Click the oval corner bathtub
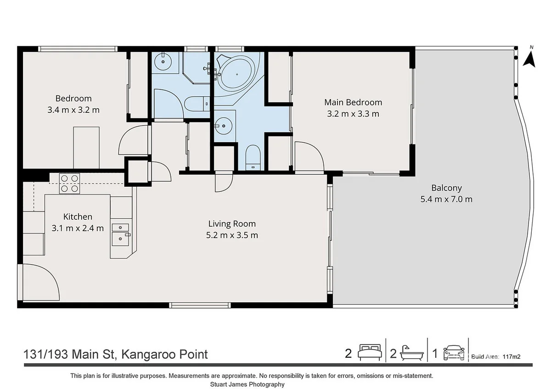[237, 74]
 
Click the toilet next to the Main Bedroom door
[253, 156]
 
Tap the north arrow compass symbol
[530, 57]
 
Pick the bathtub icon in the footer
[410, 354]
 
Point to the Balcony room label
[446, 188]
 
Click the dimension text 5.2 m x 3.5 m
[232, 235]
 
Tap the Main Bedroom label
[353, 102]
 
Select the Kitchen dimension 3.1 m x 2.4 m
[78, 228]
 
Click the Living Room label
[232, 224]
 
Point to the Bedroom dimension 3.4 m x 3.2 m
[73, 110]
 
